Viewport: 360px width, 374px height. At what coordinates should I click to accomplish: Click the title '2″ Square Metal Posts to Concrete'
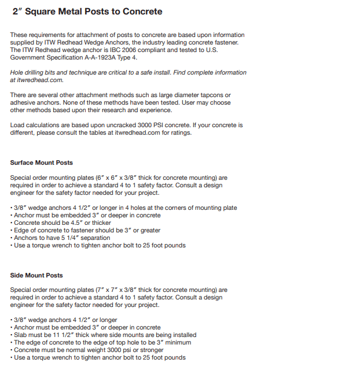87,12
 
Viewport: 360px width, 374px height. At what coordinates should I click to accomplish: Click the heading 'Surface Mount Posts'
42,162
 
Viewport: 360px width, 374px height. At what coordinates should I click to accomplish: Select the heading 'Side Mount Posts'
36,275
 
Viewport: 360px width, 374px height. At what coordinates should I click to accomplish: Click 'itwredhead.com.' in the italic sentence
36,80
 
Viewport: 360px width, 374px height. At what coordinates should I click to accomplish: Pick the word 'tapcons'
212,95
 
